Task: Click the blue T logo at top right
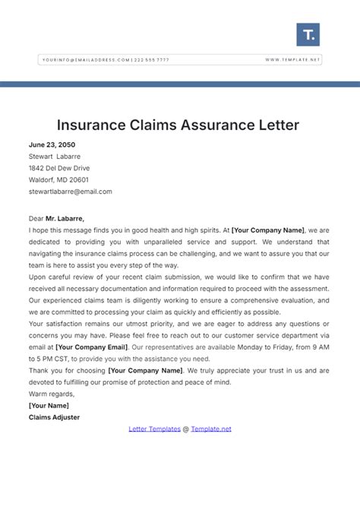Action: (x=308, y=34)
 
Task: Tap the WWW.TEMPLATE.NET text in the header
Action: (x=293, y=59)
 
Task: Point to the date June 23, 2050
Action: (x=52, y=144)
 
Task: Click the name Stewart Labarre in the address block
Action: (x=55, y=157)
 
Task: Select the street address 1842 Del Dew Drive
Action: (x=58, y=168)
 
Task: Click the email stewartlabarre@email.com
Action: (x=70, y=192)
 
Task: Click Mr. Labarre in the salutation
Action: (x=65, y=218)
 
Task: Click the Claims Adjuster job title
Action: (x=54, y=417)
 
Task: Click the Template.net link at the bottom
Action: (x=212, y=429)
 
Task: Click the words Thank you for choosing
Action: (x=67, y=370)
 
